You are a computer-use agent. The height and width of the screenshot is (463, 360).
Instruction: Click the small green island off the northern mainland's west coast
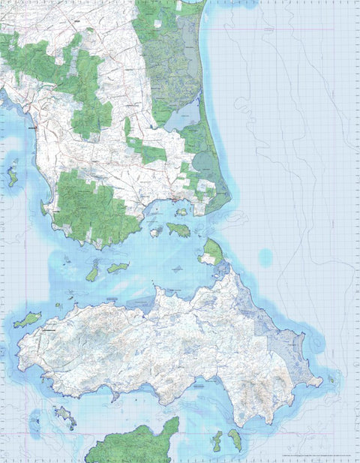[13, 177]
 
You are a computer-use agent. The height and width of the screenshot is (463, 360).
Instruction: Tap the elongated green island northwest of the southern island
[27, 320]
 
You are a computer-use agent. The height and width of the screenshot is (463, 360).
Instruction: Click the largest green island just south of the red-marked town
[178, 230]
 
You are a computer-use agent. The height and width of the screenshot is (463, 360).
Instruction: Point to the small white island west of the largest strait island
[155, 233]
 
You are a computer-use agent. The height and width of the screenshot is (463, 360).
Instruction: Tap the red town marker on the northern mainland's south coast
[175, 200]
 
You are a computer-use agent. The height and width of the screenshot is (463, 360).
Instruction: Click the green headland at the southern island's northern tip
[212, 252]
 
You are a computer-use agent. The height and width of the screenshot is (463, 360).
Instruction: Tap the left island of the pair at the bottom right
[217, 440]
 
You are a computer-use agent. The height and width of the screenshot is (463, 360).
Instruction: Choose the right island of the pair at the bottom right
[235, 439]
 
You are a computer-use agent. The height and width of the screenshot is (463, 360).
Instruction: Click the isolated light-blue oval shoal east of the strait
[265, 257]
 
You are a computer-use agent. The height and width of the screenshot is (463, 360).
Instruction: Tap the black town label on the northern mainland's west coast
[31, 129]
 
